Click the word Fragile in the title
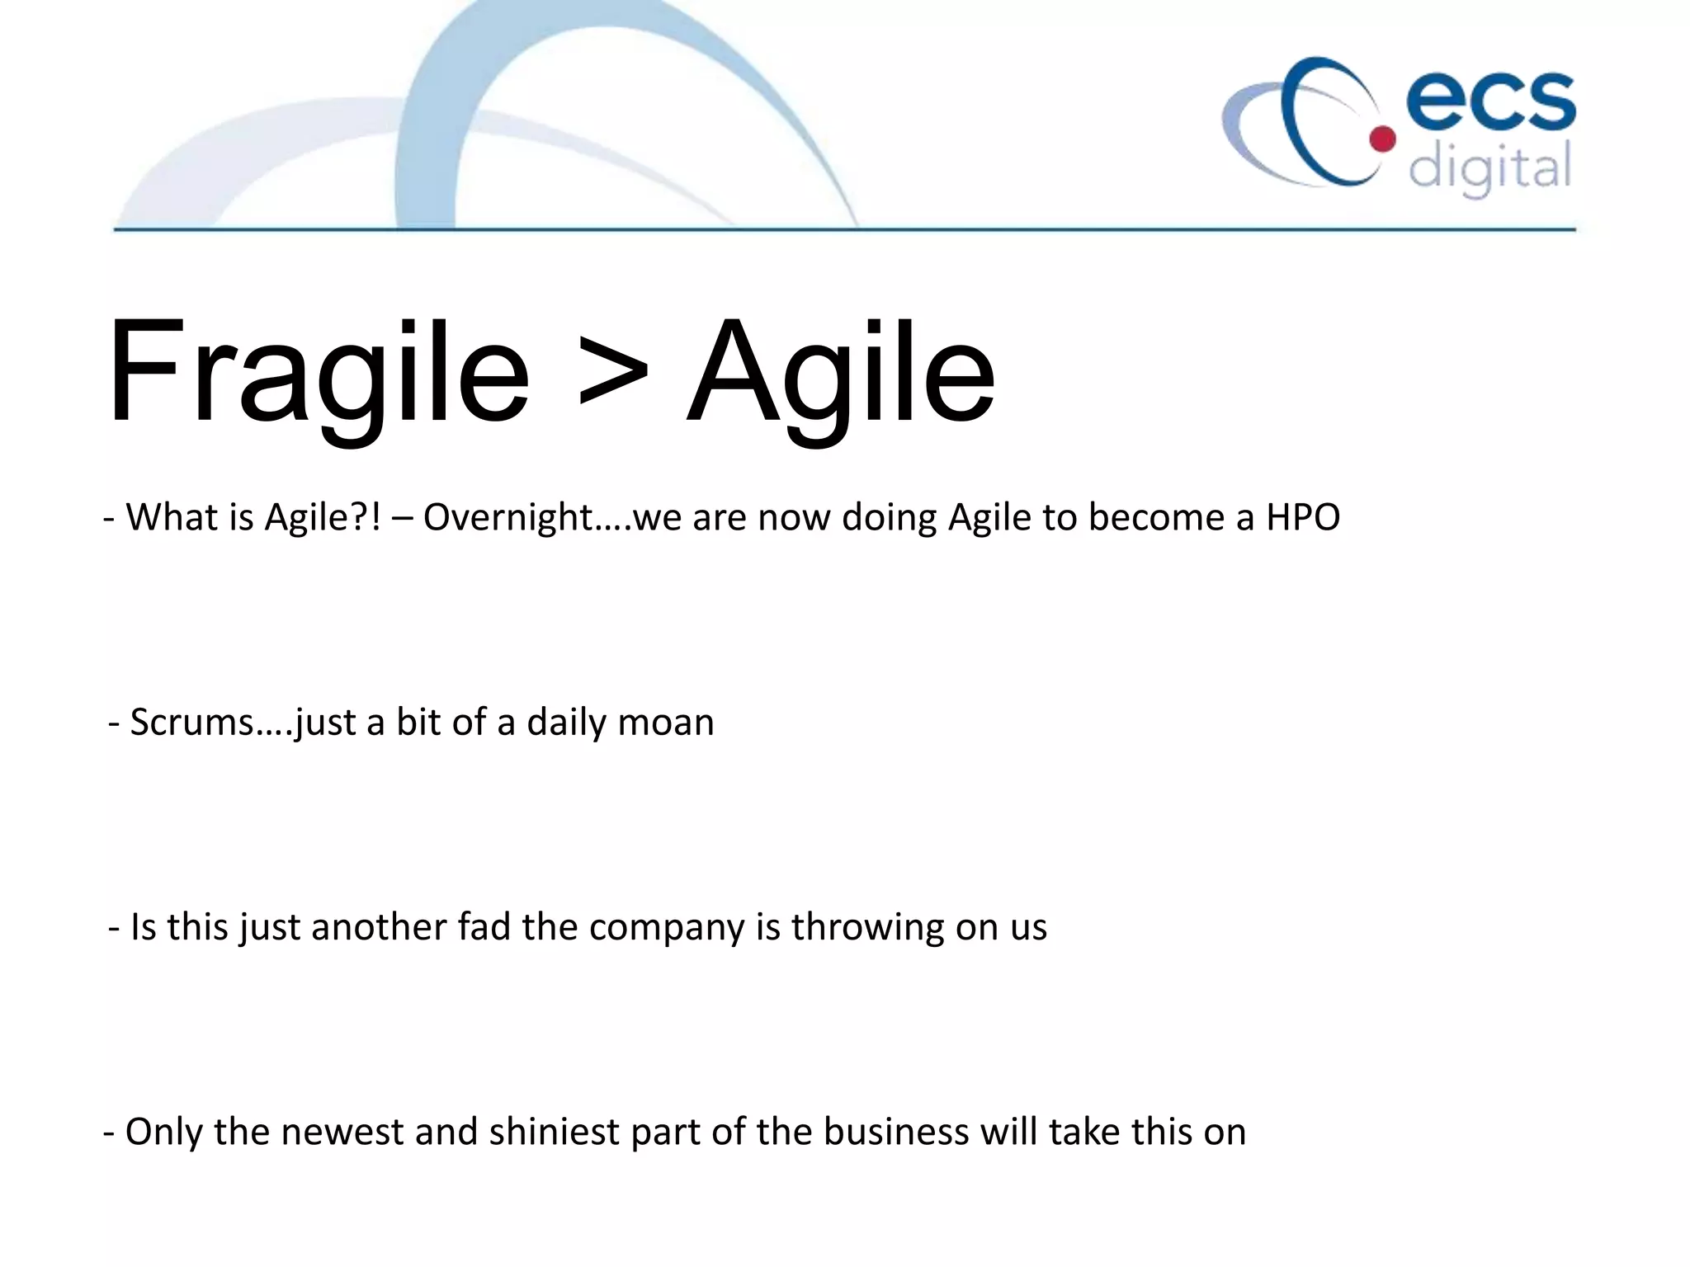tap(318, 373)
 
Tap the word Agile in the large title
tap(840, 373)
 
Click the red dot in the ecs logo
tap(1382, 139)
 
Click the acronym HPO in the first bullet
tap(1303, 518)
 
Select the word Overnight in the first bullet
tap(508, 518)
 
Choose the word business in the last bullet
tap(895, 1132)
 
